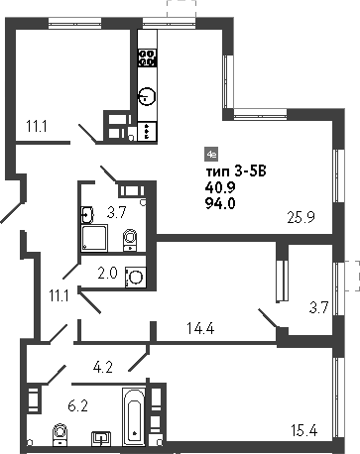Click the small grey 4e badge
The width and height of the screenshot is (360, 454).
(210, 154)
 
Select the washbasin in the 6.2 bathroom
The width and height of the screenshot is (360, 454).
(100, 436)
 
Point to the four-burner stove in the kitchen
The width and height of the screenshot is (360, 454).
(147, 58)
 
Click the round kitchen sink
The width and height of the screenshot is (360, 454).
(147, 96)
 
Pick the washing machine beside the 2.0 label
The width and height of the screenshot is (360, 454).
(136, 277)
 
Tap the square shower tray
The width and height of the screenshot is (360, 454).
(95, 238)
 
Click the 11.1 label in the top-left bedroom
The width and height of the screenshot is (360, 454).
(38, 125)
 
